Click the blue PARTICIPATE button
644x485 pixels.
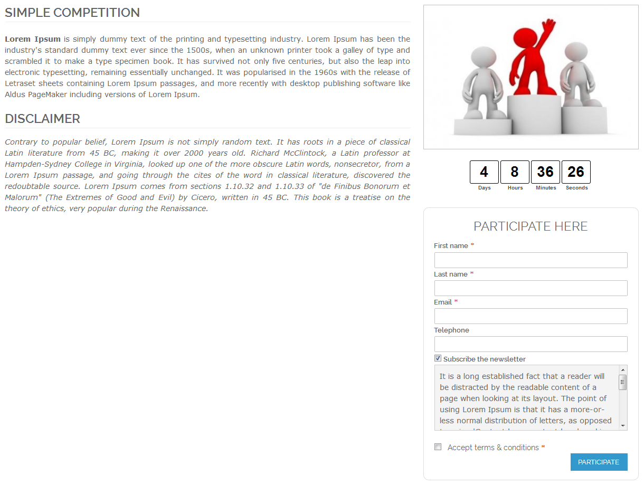click(599, 462)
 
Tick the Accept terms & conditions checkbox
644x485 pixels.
click(438, 447)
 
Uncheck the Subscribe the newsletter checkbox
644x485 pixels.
click(438, 358)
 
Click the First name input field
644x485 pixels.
click(531, 260)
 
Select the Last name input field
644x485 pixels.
click(531, 288)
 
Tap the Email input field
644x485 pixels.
click(531, 316)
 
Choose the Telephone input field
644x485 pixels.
click(531, 344)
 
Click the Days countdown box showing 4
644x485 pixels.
click(484, 172)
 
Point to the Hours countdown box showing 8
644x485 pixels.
click(515, 172)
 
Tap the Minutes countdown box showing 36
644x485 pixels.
click(545, 172)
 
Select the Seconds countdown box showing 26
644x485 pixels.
click(576, 172)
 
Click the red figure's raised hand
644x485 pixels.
click(550, 25)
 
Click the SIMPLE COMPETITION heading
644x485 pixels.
click(72, 13)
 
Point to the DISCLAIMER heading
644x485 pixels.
click(43, 119)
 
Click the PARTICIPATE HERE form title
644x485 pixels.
click(531, 226)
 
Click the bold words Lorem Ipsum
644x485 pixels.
click(33, 39)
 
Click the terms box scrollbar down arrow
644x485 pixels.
click(623, 425)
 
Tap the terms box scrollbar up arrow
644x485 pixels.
click(623, 370)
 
